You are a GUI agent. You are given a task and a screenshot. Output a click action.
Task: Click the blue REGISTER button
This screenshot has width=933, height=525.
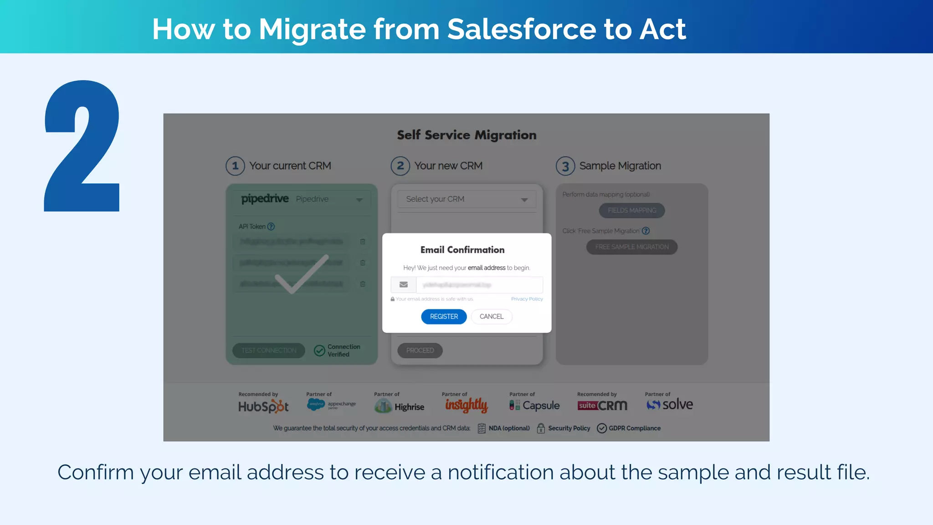(x=444, y=317)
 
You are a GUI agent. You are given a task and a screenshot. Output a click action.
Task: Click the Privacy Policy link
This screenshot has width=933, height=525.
(x=527, y=299)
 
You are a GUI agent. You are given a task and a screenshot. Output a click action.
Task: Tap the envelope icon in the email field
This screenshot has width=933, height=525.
(x=404, y=285)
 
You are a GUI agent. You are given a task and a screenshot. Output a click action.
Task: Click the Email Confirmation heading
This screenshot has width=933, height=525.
(x=462, y=250)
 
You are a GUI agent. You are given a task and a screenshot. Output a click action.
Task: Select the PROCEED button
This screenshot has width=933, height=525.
(x=420, y=350)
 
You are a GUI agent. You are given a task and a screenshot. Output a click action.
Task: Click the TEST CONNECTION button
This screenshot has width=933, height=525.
(x=269, y=350)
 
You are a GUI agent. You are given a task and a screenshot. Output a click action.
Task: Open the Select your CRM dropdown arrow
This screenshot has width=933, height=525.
(x=524, y=200)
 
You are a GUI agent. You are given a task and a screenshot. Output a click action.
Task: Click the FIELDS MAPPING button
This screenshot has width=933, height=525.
(x=632, y=211)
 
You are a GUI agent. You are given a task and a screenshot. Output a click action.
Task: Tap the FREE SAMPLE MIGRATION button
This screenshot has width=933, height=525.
(x=632, y=247)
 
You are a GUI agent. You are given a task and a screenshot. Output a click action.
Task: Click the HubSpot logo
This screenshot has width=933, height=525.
(x=263, y=406)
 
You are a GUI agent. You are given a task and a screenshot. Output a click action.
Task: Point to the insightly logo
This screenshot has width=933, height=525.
(x=466, y=405)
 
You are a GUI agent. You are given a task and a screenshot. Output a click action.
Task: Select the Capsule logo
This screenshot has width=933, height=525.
(x=534, y=405)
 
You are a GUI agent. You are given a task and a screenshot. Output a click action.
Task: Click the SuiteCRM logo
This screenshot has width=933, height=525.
(x=602, y=405)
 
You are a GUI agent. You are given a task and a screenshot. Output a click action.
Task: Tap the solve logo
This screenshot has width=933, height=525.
(x=670, y=404)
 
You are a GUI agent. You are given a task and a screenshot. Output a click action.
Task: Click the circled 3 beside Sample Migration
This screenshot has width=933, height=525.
(x=565, y=166)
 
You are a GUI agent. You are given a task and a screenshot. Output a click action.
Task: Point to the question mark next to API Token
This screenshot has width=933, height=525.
(x=271, y=226)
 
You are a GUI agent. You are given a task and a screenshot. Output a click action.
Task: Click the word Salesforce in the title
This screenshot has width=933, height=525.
(x=521, y=29)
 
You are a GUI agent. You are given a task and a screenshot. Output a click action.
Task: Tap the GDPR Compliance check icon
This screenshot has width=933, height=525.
(x=602, y=428)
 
